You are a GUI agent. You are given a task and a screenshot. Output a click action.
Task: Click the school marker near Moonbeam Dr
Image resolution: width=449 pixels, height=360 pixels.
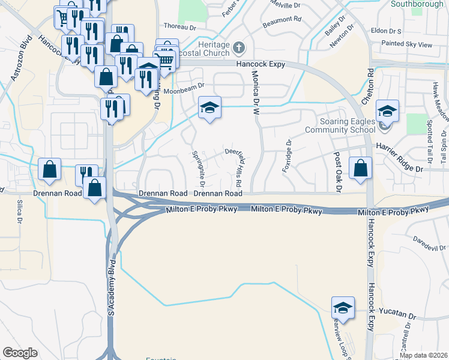coord(209,108)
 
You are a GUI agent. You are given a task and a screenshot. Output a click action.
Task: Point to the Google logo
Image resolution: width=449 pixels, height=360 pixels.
coord(20,353)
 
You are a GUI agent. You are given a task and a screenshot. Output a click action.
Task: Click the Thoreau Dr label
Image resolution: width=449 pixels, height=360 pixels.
coord(179,26)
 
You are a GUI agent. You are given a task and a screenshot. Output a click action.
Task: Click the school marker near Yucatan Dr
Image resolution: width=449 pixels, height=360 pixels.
coord(342,307)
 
